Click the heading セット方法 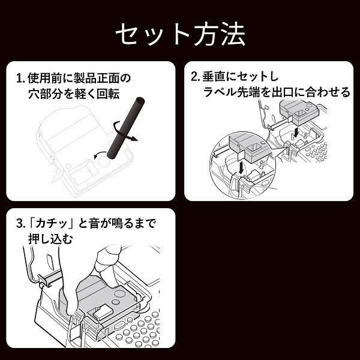(x=180, y=34)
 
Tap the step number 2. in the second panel (x=195, y=77)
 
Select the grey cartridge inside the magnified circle (x=246, y=146)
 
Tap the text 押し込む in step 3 (x=50, y=239)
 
